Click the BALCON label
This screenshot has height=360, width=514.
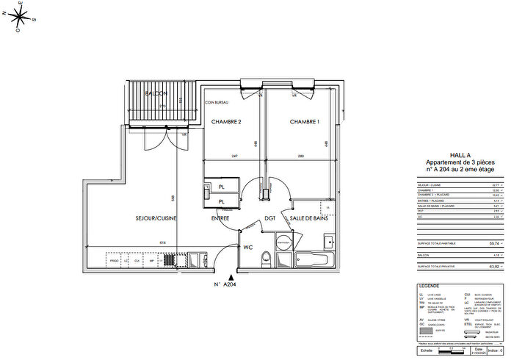pyautogui.click(x=156, y=94)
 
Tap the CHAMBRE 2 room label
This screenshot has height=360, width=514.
pyautogui.click(x=227, y=121)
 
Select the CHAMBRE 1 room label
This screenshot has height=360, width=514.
pyautogui.click(x=305, y=121)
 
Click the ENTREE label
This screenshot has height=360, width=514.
pyautogui.click(x=221, y=218)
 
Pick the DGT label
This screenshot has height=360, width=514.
pyautogui.click(x=269, y=218)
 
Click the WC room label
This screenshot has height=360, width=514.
pyautogui.click(x=247, y=247)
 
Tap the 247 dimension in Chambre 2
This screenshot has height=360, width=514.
pyautogui.click(x=234, y=156)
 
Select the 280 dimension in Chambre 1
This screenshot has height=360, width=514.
pyautogui.click(x=301, y=156)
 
